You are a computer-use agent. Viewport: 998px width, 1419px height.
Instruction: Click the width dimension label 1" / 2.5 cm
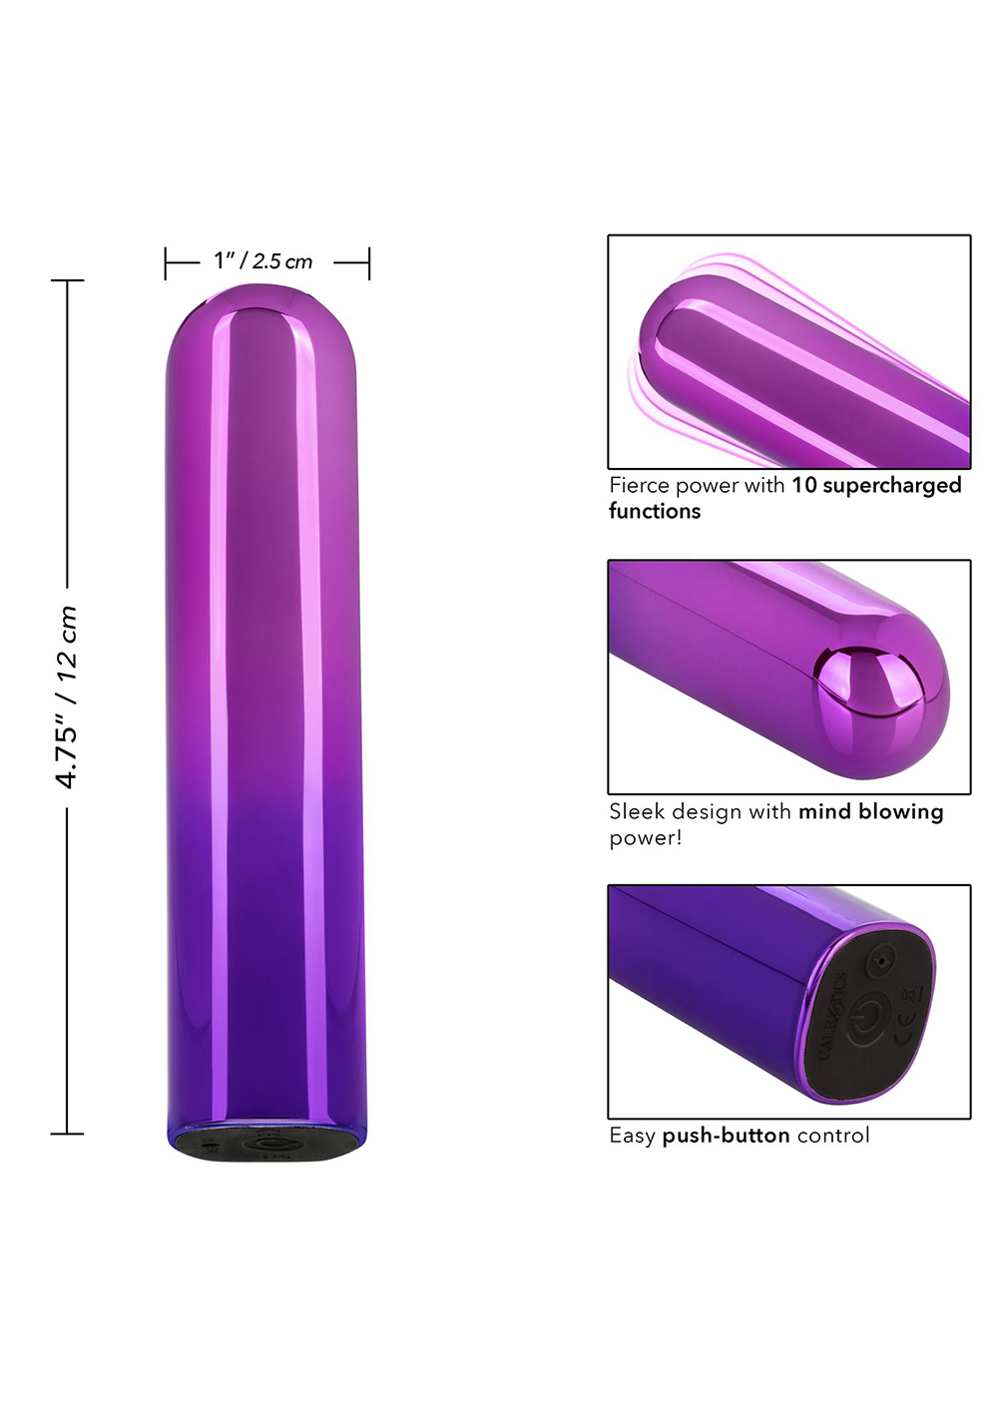point(262,260)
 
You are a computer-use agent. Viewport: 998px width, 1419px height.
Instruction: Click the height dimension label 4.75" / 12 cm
point(67,697)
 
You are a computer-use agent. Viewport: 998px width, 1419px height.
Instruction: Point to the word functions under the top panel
point(655,511)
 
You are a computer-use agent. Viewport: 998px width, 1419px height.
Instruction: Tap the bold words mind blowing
point(870,812)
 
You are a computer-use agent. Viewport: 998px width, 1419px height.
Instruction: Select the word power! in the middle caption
point(646,839)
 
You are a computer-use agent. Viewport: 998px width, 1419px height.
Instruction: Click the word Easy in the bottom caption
point(632,1136)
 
